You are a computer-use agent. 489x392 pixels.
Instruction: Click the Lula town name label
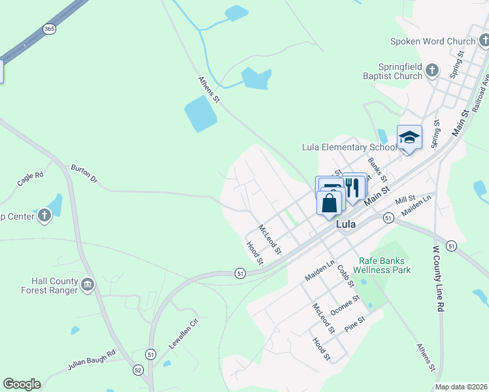[x=346, y=224]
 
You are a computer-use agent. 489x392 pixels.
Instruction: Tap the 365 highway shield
[x=49, y=29]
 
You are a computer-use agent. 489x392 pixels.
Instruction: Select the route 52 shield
[x=138, y=370]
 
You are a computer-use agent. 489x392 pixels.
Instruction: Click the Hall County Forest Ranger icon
[x=88, y=285]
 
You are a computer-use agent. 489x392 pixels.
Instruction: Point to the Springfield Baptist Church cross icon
[x=431, y=70]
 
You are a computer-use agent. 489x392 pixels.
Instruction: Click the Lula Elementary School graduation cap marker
[x=409, y=137]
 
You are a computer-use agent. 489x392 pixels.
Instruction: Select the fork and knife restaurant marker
[x=354, y=187]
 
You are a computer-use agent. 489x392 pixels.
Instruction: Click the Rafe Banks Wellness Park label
[x=382, y=265]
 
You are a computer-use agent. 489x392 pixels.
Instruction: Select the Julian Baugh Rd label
[x=92, y=361]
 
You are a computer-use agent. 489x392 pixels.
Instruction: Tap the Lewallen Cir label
[x=184, y=332]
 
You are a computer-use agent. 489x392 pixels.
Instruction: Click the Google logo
[x=22, y=384]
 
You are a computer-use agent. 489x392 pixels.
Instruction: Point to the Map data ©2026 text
[x=461, y=387]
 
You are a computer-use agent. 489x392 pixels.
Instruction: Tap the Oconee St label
[x=345, y=305]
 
